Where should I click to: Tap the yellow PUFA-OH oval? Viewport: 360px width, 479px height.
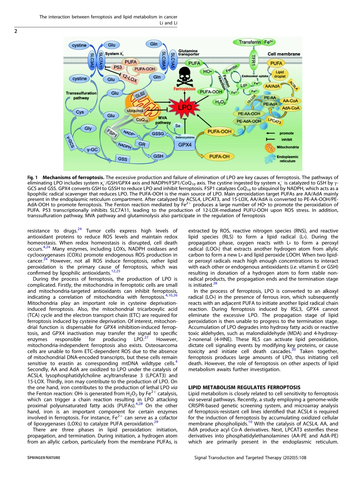218,156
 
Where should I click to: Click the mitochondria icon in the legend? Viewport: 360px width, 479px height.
269,147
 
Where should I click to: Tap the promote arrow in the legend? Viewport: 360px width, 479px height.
270,133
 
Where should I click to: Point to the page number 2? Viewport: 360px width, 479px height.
16,31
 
